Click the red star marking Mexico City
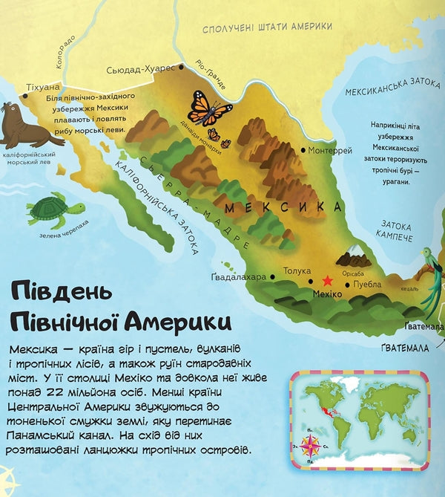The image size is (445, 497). point(327,281)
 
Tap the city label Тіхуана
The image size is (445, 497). point(41,87)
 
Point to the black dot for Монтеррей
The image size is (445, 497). point(303,150)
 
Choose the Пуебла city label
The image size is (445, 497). point(367,284)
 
